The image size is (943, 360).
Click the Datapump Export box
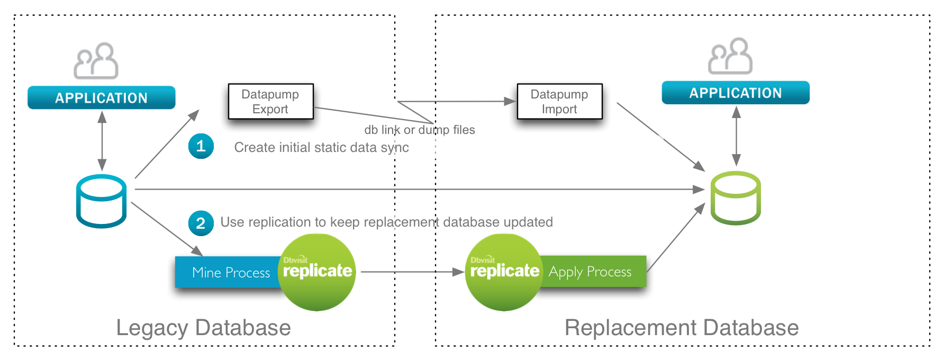pos(270,101)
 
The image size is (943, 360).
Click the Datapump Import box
pos(559,101)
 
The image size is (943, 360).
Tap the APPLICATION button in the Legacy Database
pos(102,97)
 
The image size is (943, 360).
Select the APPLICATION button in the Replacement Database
pos(736,93)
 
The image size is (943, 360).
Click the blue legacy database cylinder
pos(101,201)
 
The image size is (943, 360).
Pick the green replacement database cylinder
pos(736,198)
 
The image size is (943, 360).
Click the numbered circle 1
pos(201,146)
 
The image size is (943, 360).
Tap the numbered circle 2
pos(201,223)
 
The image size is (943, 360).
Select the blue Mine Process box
pos(228,272)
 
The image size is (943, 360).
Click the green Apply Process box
pos(593,272)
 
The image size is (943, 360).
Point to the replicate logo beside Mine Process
pos(317,272)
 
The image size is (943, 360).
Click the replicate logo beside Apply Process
pos(504,272)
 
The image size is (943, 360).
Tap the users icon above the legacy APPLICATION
pos(96,60)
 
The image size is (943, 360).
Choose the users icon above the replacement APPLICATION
pos(730,56)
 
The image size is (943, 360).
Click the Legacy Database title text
pos(203,328)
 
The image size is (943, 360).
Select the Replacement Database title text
pos(682,328)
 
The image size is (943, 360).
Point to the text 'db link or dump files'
pos(420,130)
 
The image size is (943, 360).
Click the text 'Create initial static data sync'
pos(322,147)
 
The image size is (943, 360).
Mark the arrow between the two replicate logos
pos(413,272)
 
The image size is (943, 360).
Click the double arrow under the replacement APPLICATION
pos(736,136)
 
